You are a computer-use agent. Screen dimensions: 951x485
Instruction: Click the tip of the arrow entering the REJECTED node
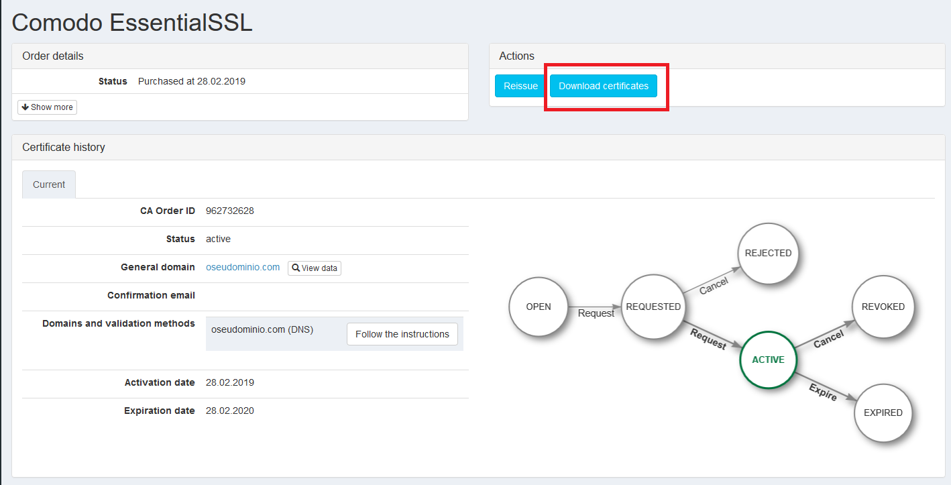pyautogui.click(x=740, y=268)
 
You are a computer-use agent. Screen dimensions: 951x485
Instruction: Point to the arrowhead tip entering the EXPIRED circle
pyautogui.click(x=857, y=400)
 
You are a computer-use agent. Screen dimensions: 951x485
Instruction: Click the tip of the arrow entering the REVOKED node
pyautogui.click(x=854, y=320)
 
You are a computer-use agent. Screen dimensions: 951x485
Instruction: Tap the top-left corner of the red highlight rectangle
pyautogui.click(x=545, y=64)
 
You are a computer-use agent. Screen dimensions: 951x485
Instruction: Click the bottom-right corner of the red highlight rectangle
pyautogui.click(x=669, y=111)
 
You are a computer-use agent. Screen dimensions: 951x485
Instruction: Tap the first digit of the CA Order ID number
pyautogui.click(x=209, y=211)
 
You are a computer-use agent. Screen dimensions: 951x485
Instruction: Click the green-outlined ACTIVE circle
pyautogui.click(x=768, y=360)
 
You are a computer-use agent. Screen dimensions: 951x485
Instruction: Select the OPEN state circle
pyautogui.click(x=539, y=307)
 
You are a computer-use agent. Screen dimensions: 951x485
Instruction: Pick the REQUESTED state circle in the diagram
pyautogui.click(x=653, y=307)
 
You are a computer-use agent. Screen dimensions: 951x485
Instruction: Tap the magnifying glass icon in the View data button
pyautogui.click(x=296, y=268)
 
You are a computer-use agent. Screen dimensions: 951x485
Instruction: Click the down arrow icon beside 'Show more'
pyautogui.click(x=25, y=107)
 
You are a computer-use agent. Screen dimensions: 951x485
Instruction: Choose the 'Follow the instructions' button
pyautogui.click(x=402, y=334)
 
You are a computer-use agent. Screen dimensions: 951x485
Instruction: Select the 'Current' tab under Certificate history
pyautogui.click(x=49, y=184)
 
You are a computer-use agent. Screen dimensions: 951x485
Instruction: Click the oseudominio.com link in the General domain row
pyautogui.click(x=243, y=267)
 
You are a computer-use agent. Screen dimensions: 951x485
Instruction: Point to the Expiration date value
pyautogui.click(x=229, y=411)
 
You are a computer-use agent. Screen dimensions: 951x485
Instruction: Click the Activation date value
pyautogui.click(x=229, y=382)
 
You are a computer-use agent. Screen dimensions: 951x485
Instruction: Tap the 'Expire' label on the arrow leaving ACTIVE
pyautogui.click(x=823, y=392)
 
